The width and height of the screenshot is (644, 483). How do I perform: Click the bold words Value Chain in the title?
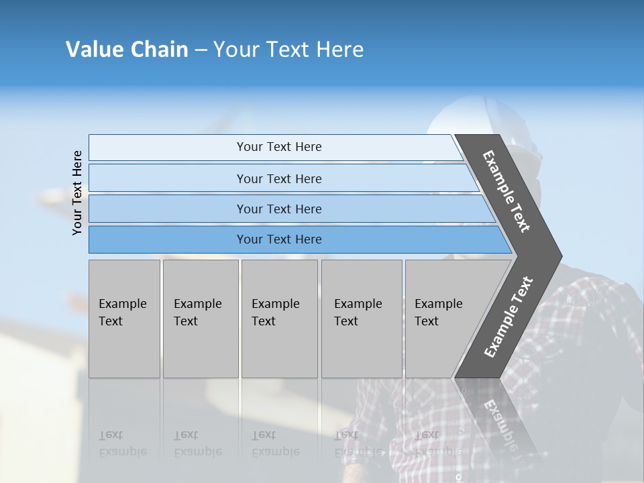pos(127,50)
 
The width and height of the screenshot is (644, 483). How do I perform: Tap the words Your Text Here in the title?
pos(288,50)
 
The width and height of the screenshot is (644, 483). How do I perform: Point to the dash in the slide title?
pos(201,50)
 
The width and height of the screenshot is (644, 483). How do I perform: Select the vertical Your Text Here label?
pos(77,193)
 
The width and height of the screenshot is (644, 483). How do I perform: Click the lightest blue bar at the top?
pos(279,147)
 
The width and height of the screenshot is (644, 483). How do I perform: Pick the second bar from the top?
pos(279,178)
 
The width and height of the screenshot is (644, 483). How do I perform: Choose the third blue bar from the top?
pos(279,209)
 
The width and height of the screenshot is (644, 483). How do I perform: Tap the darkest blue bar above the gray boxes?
pos(279,239)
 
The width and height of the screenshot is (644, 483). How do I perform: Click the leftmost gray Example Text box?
pos(124,318)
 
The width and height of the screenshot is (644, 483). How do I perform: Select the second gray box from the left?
pos(201,318)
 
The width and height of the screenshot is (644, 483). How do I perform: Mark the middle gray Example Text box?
pos(279,318)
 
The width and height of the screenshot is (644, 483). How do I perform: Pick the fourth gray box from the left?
pos(362,318)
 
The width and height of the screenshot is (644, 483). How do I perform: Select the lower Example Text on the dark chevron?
pos(508,317)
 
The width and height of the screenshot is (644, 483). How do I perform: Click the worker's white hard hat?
pos(470,117)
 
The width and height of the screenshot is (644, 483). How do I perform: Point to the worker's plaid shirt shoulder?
pos(590,302)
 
